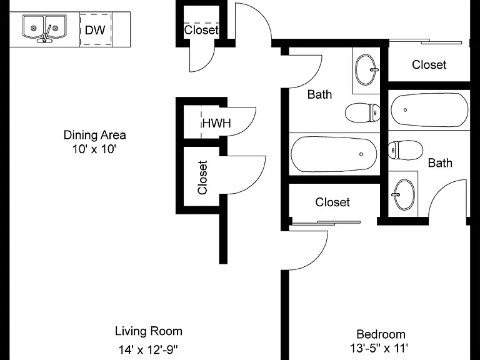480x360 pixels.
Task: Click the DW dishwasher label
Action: click(95, 30)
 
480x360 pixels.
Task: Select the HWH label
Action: click(216, 123)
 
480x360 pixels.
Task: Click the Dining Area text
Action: click(94, 135)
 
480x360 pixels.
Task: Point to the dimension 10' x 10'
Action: click(94, 149)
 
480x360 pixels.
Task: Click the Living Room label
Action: click(149, 331)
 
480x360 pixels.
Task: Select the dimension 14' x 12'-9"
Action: click(148, 349)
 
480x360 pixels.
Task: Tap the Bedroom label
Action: click(381, 334)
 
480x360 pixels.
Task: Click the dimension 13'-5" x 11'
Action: click(379, 348)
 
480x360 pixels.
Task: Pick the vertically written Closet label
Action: click(202, 177)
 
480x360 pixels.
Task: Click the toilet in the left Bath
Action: click(362, 112)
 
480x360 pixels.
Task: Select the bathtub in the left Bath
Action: click(334, 154)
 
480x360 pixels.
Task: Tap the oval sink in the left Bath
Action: click(366, 70)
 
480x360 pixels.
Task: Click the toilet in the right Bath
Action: click(406, 150)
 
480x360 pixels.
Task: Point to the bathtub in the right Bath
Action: click(430, 110)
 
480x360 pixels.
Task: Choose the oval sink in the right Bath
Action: click(404, 195)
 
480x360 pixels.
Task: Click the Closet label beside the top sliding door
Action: click(429, 65)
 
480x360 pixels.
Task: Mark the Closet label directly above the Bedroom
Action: click(332, 202)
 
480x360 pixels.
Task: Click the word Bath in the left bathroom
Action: click(319, 94)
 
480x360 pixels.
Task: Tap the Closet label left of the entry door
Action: click(201, 30)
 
